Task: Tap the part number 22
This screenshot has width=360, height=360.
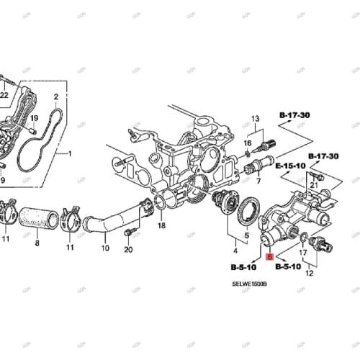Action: click(4, 95)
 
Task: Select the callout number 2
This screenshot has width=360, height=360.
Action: click(55, 96)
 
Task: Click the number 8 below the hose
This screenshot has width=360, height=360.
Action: click(37, 244)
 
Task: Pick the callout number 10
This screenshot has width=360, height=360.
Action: click(105, 248)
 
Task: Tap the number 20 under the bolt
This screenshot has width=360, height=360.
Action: click(128, 250)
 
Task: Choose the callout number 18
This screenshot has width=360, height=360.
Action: click(161, 226)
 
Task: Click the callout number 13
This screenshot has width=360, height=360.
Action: click(254, 118)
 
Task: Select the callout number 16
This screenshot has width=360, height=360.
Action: click(247, 143)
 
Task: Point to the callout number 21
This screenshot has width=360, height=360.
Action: click(313, 185)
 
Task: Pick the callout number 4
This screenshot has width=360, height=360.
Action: click(235, 251)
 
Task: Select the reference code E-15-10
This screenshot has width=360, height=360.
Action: click(289, 165)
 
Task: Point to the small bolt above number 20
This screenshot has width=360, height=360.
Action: click(128, 233)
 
